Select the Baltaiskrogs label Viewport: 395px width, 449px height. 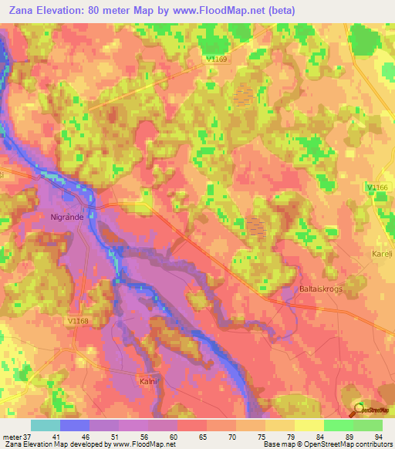(x=319, y=289)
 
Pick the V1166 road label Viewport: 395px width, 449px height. (x=377, y=187)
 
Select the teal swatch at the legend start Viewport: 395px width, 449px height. (x=46, y=425)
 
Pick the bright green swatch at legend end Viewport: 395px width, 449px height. (x=367, y=425)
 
